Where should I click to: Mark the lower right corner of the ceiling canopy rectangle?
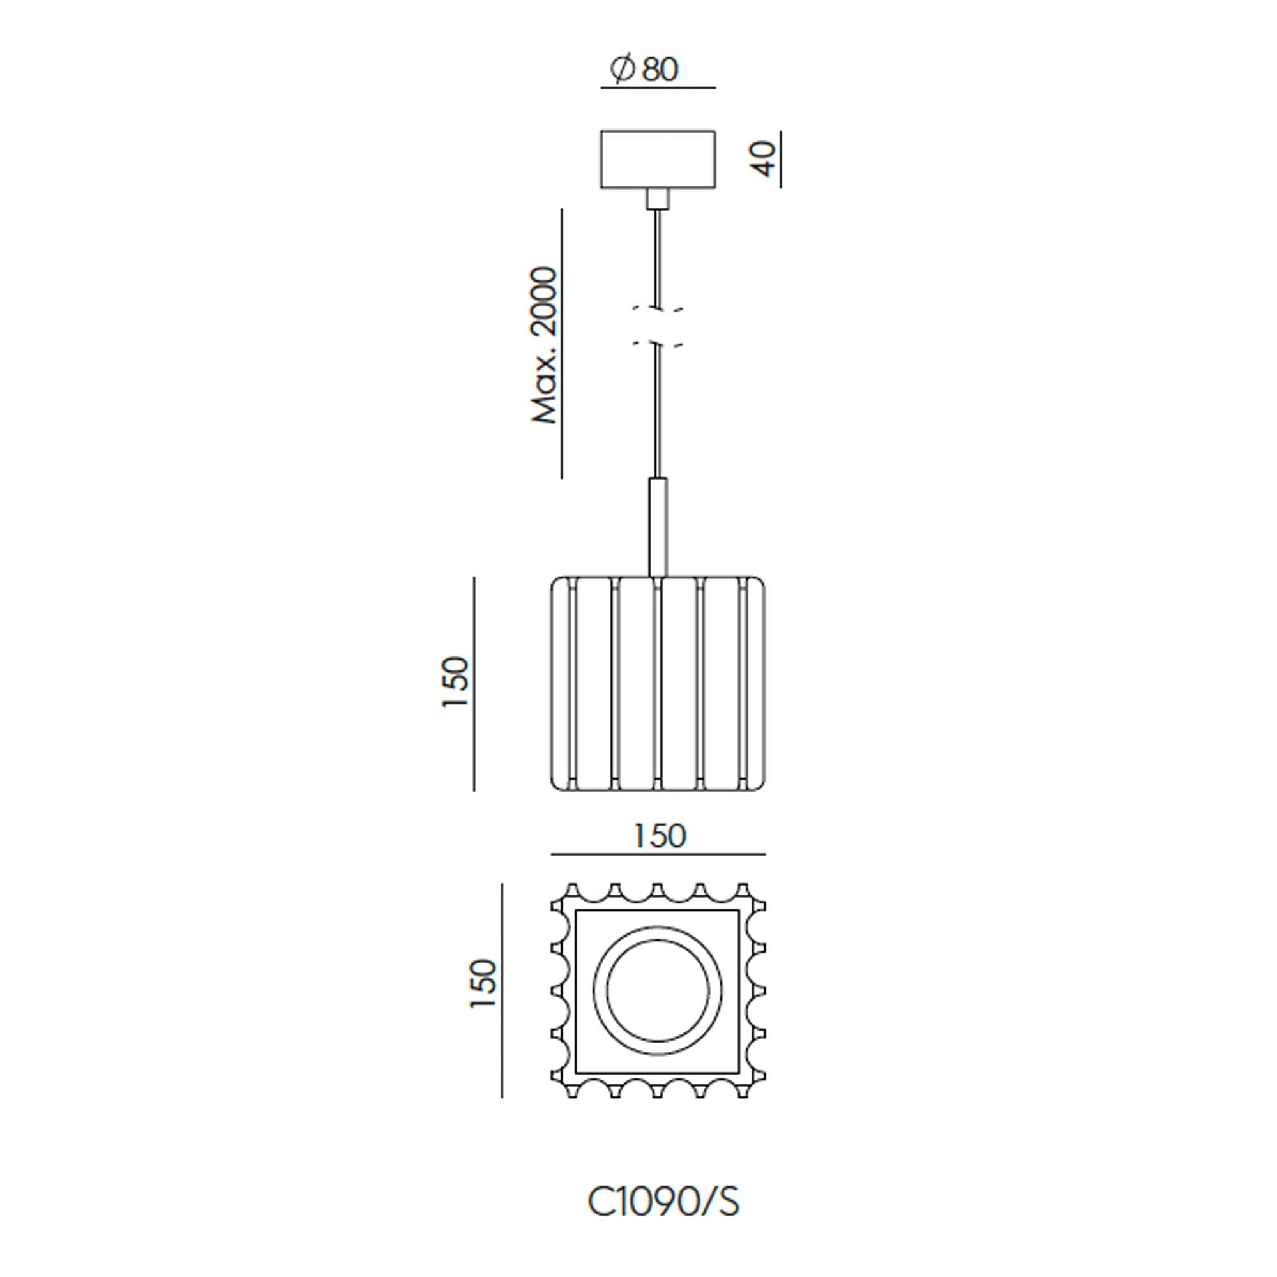715,188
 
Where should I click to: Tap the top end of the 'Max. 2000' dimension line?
562,209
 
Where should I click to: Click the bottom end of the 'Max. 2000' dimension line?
562,477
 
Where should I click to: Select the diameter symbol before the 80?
622,70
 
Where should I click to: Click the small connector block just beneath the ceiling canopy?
658,199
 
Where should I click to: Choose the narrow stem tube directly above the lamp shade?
658,527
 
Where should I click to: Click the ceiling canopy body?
658,159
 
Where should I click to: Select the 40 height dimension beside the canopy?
766,159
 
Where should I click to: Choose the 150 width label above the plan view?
660,836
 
